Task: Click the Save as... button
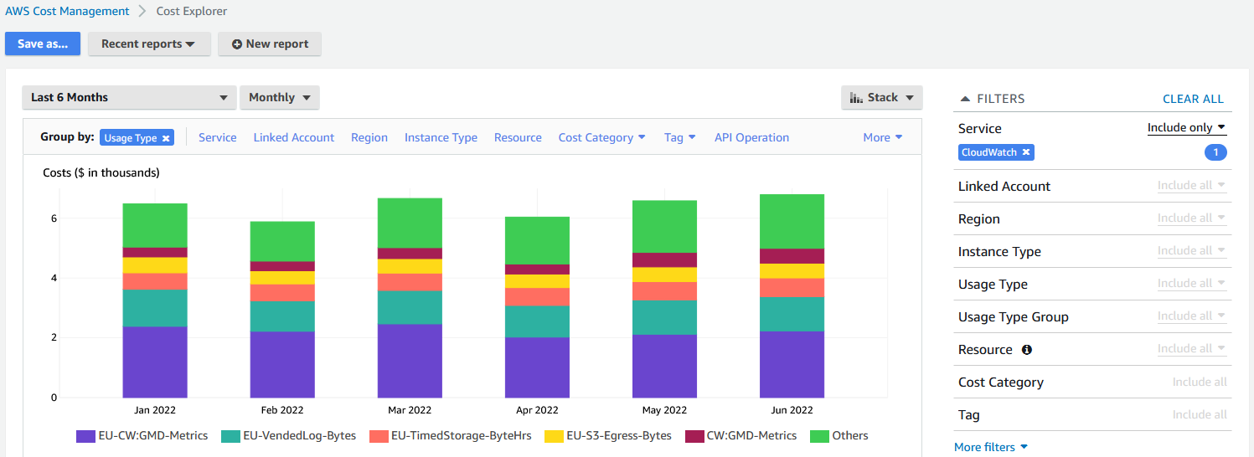pyautogui.click(x=43, y=44)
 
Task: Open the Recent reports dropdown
pyautogui.click(x=148, y=44)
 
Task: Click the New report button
pyautogui.click(x=269, y=44)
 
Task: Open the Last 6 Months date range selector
pyautogui.click(x=129, y=98)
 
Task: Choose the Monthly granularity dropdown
pyautogui.click(x=279, y=98)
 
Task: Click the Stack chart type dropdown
pyautogui.click(x=881, y=98)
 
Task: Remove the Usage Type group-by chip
pyautogui.click(x=166, y=138)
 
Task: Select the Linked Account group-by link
pyautogui.click(x=293, y=138)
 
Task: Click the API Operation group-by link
pyautogui.click(x=751, y=138)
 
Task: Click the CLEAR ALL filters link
pyautogui.click(x=1193, y=99)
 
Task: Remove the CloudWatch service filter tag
pyautogui.click(x=1026, y=152)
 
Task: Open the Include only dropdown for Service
pyautogui.click(x=1186, y=128)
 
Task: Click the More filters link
pyautogui.click(x=990, y=447)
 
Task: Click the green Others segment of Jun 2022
pyautogui.click(x=792, y=221)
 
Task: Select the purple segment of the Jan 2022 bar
pyautogui.click(x=155, y=362)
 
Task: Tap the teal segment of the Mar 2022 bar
pyautogui.click(x=410, y=307)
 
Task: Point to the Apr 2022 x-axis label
pyautogui.click(x=536, y=410)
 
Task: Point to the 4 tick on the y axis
pyautogui.click(x=54, y=278)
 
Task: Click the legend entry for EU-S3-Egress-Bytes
pyautogui.click(x=608, y=436)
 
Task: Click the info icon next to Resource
pyautogui.click(x=1027, y=350)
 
